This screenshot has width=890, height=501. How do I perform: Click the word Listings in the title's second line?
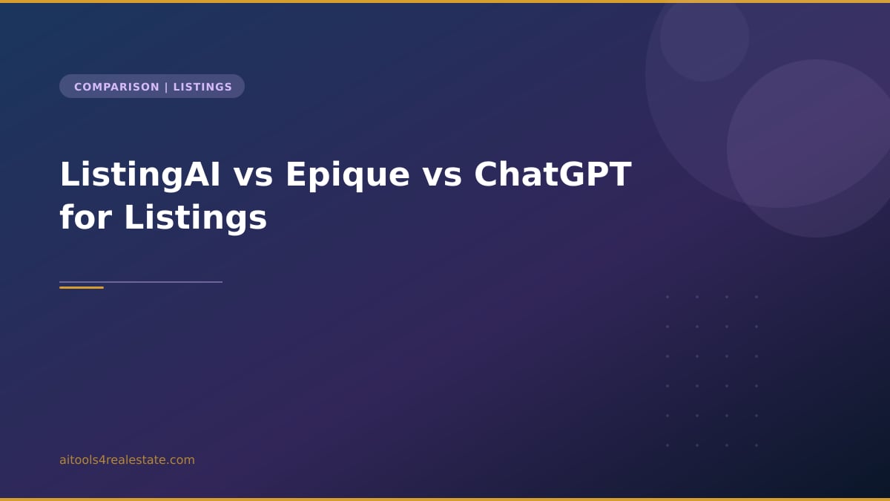tap(195, 218)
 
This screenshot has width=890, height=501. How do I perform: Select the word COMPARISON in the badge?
tap(116, 87)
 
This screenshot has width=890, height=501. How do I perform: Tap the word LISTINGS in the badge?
tap(202, 87)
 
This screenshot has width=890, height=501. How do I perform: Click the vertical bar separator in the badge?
tap(166, 87)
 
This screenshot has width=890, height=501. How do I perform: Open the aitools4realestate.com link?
tap(127, 460)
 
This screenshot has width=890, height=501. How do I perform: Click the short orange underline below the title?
tap(82, 287)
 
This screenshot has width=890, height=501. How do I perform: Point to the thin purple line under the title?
tap(163, 282)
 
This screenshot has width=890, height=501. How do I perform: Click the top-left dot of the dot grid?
tap(667, 297)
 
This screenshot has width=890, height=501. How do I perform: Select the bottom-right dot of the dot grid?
tap(756, 445)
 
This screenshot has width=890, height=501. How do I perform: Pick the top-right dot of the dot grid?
tap(756, 297)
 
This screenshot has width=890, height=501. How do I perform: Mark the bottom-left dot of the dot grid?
tap(667, 445)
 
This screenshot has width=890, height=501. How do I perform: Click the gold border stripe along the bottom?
tap(445, 499)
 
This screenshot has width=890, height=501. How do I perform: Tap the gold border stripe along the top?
tap(445, 1)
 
